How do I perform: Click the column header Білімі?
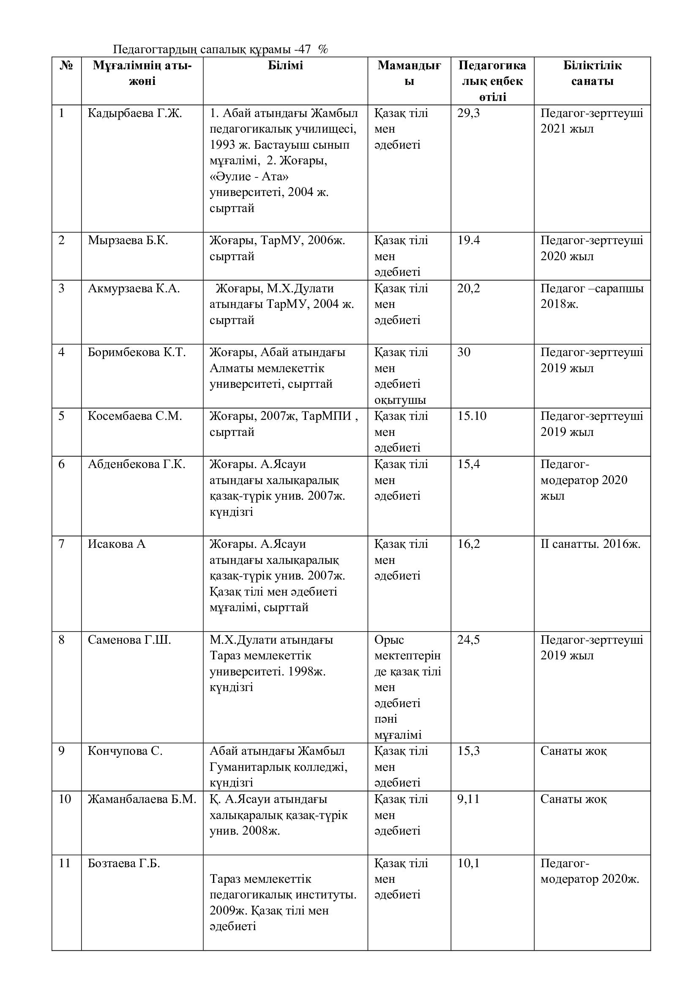coord(285,65)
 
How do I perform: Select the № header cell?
coord(66,65)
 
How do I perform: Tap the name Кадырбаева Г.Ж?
coord(135,113)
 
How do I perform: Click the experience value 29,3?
coord(468,113)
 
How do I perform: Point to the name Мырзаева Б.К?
coord(128,240)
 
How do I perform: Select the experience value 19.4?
coord(468,240)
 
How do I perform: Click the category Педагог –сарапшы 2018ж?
coord(592,296)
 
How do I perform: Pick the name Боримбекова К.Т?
coord(137,352)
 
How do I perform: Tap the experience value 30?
coord(464,352)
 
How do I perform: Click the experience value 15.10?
coord(472,416)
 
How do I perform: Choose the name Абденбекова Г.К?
coord(137,464)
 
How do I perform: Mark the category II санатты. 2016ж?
coord(590,544)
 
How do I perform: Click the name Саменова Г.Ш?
coord(129,640)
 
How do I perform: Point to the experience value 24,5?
coord(468,640)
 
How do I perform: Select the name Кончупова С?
coord(125,751)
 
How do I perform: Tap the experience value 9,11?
coord(468,799)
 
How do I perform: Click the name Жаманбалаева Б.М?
coord(142,799)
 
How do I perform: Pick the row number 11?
coord(64,863)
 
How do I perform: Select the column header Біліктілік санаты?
coord(592,73)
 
